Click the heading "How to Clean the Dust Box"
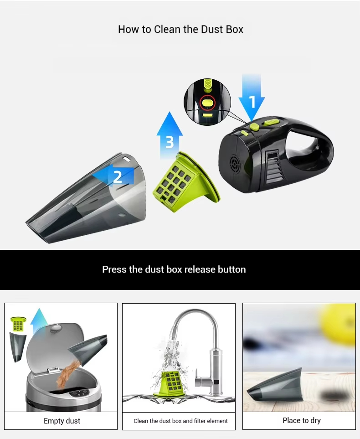pos(180,29)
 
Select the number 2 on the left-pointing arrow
pos(118,177)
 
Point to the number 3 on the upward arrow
pos(170,142)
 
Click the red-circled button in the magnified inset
pos(207,103)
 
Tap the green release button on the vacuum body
pos(254,126)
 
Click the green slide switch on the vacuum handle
pos(272,122)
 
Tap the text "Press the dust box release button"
pos(174,269)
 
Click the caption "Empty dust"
pos(62,421)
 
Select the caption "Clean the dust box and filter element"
pos(180,421)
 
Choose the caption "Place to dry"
pos(302,420)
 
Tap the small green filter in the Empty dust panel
pos(18,324)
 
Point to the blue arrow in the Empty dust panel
pos(39,322)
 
